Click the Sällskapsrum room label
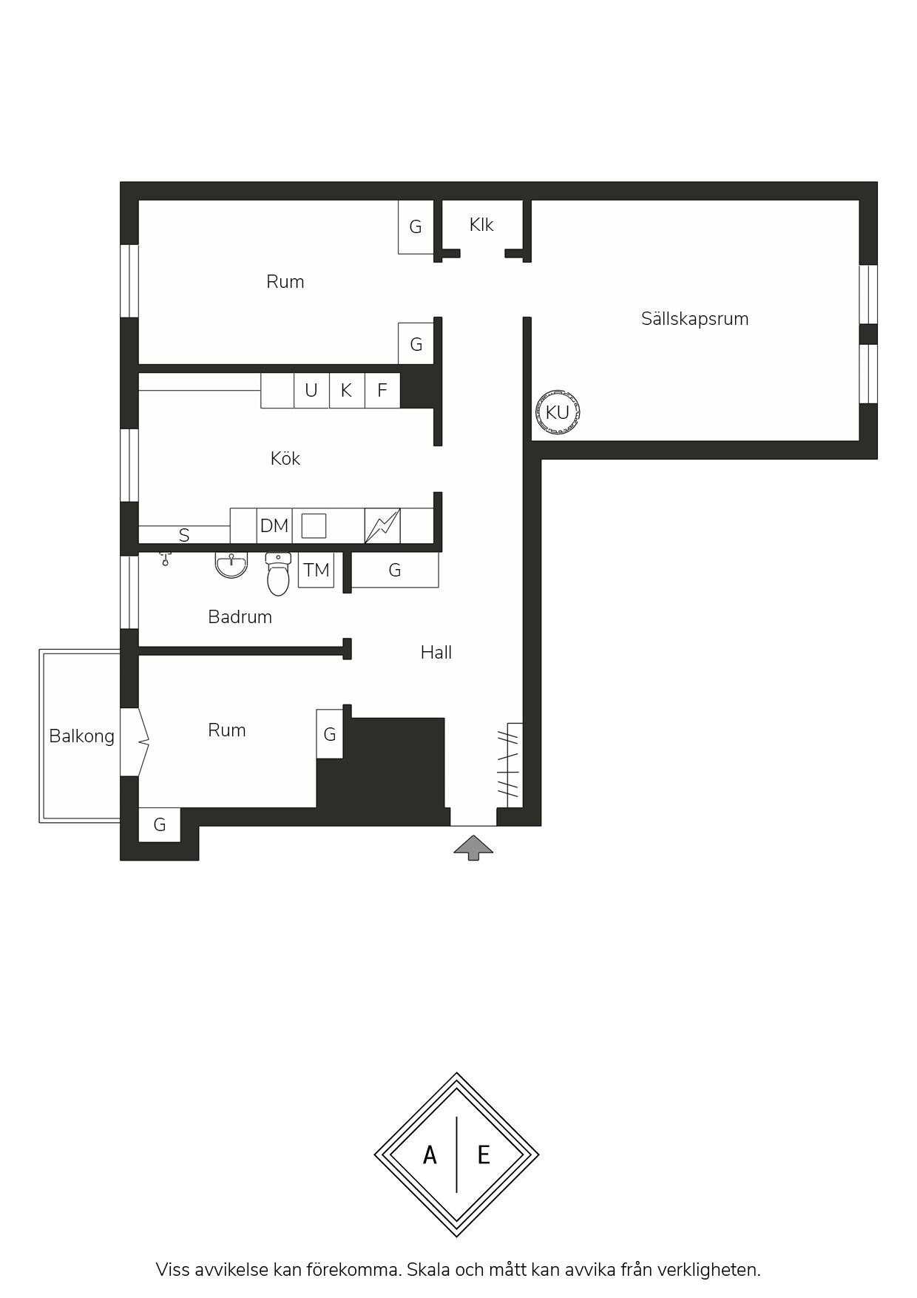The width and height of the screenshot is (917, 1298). click(x=694, y=319)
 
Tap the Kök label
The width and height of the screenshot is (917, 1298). click(x=285, y=459)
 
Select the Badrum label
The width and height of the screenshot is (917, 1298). click(x=240, y=617)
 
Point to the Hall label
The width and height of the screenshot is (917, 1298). click(x=436, y=653)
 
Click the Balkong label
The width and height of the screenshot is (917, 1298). click(x=81, y=736)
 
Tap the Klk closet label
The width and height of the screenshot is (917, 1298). click(x=481, y=225)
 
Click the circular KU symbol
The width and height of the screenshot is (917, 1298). click(x=558, y=411)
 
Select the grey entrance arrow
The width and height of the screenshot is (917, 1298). click(x=473, y=847)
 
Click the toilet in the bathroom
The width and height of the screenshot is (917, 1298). click(x=278, y=574)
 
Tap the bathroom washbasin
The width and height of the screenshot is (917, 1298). click(x=231, y=565)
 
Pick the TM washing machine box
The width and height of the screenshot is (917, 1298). click(x=316, y=571)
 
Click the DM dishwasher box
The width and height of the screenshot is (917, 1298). click(x=274, y=525)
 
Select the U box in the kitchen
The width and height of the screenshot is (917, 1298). click(x=311, y=390)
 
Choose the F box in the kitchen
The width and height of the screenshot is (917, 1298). click(x=382, y=390)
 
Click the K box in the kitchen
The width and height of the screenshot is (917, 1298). click(x=347, y=390)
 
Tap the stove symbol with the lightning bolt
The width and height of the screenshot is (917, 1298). click(x=382, y=525)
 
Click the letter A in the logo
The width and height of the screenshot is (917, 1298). click(x=430, y=1154)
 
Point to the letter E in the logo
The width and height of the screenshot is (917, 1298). click(x=484, y=1154)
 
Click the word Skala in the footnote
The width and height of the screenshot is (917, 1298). click(x=428, y=1270)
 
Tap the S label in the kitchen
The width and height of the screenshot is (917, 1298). click(x=184, y=535)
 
